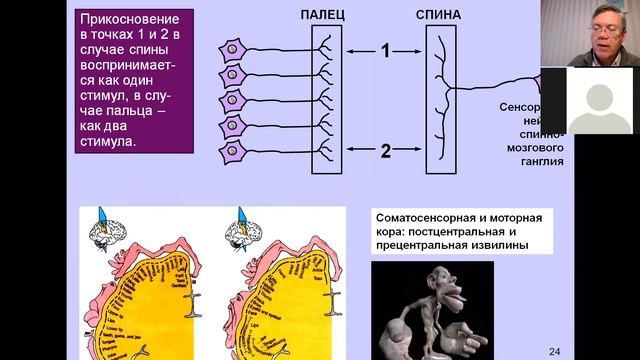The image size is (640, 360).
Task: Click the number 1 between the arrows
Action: (383, 51)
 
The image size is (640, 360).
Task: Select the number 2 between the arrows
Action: (383, 151)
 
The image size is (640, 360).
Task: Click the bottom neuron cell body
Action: (233, 152)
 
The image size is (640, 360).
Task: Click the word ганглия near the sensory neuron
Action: (541, 160)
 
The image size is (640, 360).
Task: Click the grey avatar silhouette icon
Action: (599, 100)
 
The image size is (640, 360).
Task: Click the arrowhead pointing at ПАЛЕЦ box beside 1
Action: (346, 51)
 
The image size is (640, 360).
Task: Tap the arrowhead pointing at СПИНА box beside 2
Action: (421, 151)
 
